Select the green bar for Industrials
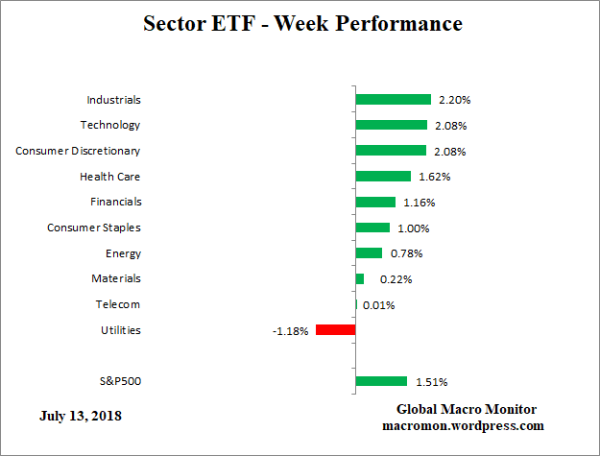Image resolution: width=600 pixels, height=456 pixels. [393, 99]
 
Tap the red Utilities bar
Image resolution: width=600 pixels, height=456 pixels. [335, 330]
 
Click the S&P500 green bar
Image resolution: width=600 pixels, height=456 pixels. [381, 381]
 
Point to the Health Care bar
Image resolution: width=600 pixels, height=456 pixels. [383, 177]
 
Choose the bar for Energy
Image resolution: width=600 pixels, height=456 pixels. [369, 253]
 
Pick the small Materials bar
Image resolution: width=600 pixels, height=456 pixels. [360, 278]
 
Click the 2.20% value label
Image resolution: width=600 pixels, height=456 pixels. [454, 100]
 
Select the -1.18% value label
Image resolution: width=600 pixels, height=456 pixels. [291, 331]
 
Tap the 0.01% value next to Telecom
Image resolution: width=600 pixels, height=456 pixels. [378, 305]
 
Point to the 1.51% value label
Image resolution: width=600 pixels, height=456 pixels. [430, 382]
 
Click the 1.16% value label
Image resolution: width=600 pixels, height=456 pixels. [419, 203]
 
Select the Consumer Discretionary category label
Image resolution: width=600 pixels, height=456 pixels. [78, 151]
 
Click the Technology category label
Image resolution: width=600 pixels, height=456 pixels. [110, 125]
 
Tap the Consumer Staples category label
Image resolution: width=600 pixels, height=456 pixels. [94, 228]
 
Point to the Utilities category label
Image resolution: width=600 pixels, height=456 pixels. [120, 330]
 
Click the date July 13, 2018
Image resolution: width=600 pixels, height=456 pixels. [81, 417]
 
